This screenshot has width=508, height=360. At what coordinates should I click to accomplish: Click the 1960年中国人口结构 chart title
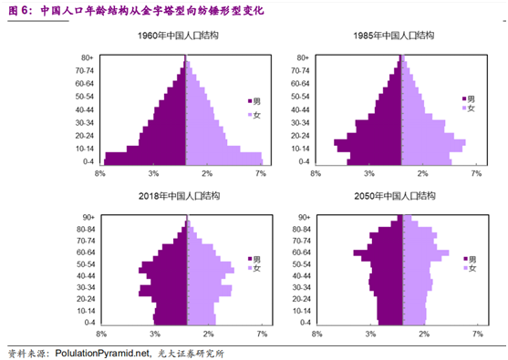(178, 35)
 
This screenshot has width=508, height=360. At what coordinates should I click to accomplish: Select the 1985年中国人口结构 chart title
(394, 35)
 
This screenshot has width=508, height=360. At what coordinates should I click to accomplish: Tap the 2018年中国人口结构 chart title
(179, 196)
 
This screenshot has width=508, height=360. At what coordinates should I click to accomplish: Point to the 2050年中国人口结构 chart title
(395, 196)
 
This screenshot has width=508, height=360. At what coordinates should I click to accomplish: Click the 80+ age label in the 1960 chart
(88, 57)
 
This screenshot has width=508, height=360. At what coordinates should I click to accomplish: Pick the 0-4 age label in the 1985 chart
(305, 161)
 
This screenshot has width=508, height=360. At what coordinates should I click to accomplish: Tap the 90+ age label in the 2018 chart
(88, 217)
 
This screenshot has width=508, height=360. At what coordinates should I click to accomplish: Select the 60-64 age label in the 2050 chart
(301, 252)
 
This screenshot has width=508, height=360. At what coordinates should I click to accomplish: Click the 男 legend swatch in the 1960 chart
(250, 101)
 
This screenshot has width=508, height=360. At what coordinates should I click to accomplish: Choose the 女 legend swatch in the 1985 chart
(464, 108)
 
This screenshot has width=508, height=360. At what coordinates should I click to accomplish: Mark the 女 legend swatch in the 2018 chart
(250, 268)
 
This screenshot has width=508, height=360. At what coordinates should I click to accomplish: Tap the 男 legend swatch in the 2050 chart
(465, 259)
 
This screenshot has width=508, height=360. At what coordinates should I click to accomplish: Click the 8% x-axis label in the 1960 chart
(100, 173)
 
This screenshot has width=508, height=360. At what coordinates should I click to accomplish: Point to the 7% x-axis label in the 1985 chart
(476, 173)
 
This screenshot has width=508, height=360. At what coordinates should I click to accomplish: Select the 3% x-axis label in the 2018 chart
(155, 334)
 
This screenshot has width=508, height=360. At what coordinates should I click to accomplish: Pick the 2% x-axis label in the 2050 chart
(424, 334)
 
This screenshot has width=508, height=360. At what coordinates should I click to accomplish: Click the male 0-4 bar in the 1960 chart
(145, 162)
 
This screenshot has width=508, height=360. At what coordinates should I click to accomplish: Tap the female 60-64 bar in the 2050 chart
(426, 252)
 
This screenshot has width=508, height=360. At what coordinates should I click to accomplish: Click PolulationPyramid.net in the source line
(102, 353)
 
